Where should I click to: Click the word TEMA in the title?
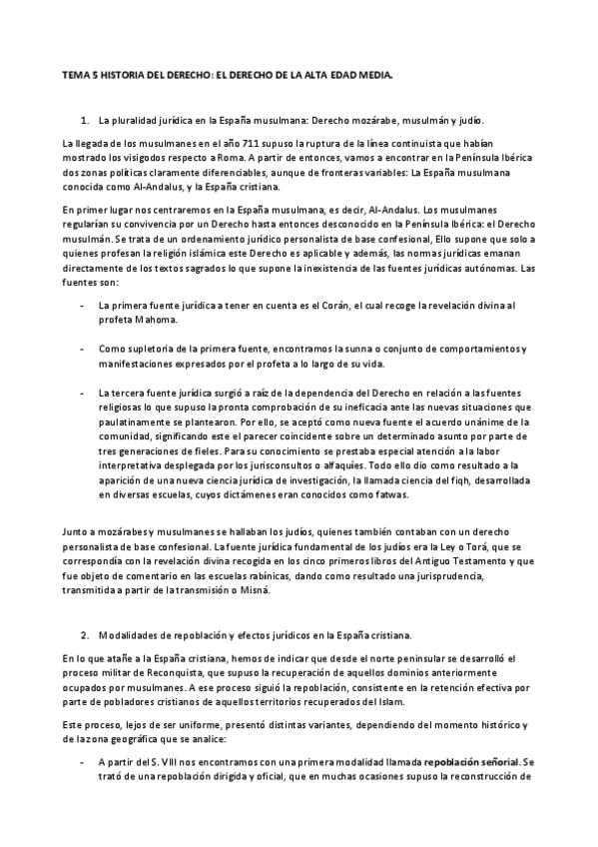tap(74, 74)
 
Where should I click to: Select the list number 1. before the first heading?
tap(85, 119)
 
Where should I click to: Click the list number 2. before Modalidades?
tap(85, 635)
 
